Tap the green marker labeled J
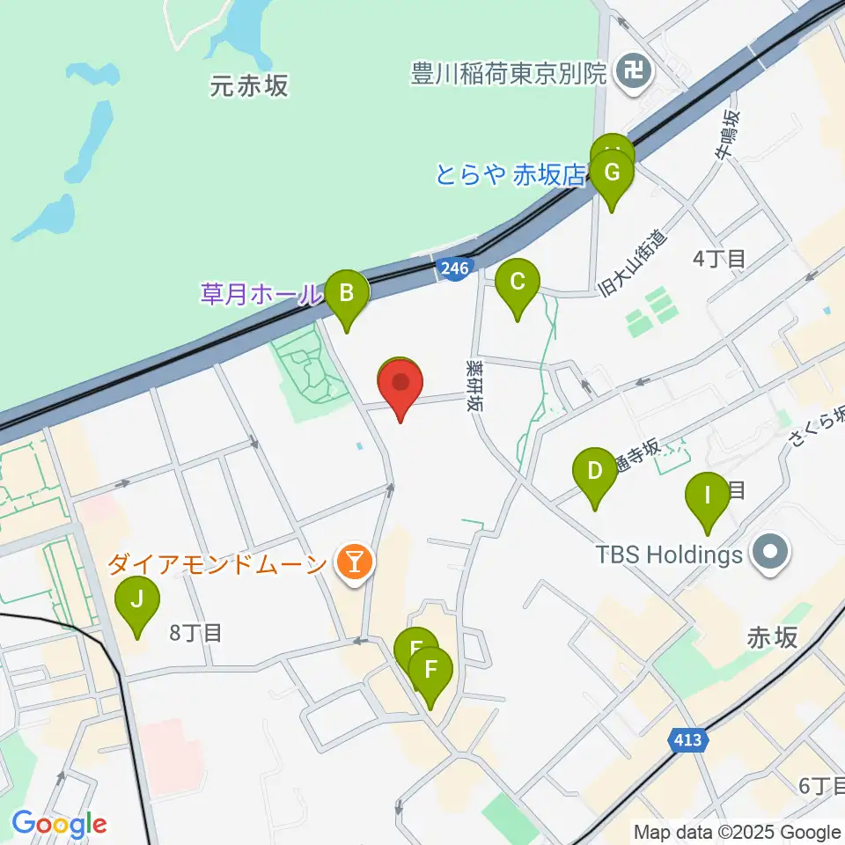(x=137, y=601)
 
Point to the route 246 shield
(x=455, y=269)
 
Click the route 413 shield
(x=687, y=740)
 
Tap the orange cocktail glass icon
(x=356, y=561)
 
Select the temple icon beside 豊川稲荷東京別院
(x=632, y=68)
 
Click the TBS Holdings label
(x=670, y=555)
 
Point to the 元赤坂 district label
(x=250, y=85)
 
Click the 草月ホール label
(x=259, y=294)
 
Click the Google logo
(x=59, y=825)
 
